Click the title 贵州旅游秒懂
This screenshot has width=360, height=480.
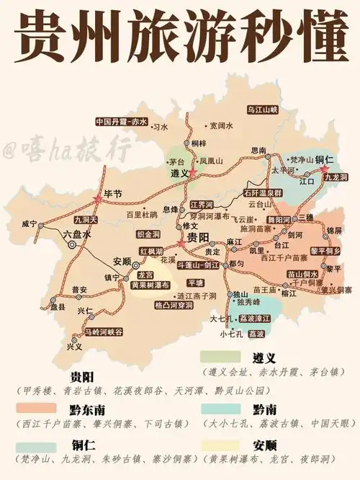click(180, 36)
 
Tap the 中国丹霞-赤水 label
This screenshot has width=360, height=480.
click(121, 122)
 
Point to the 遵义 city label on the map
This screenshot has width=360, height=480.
click(179, 174)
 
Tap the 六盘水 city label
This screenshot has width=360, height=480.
click(76, 234)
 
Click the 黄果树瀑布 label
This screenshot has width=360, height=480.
click(150, 285)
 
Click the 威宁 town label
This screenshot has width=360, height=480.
click(29, 223)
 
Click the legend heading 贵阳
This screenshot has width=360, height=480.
click(84, 377)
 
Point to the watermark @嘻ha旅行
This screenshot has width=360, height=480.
click(67, 151)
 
